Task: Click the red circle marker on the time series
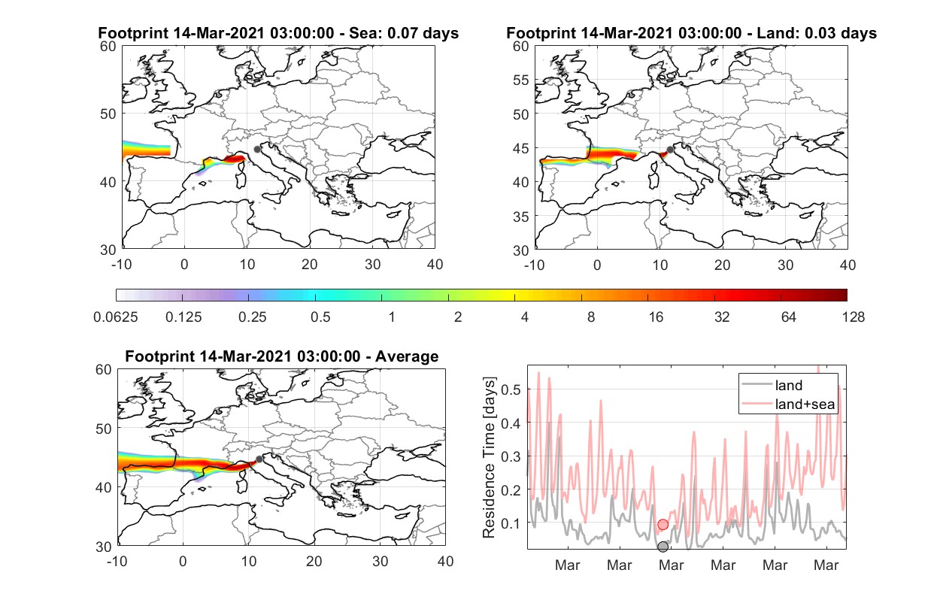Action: [663, 525]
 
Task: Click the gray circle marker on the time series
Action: [663, 547]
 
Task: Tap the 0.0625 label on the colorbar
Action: [116, 317]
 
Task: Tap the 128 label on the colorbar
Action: [853, 317]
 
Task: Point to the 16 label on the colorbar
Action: [656, 317]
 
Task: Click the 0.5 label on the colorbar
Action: [320, 317]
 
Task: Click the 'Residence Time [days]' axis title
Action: [489, 458]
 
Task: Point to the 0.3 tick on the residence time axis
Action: [511, 456]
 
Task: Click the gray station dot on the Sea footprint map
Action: [257, 150]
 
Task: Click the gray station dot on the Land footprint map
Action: [670, 150]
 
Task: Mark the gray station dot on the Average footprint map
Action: [259, 459]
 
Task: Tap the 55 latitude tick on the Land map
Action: [521, 80]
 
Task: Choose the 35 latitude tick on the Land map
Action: [521, 217]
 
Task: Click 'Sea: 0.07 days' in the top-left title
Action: [404, 33]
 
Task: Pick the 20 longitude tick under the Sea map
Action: [310, 265]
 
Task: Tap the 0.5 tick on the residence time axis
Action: [511, 389]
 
